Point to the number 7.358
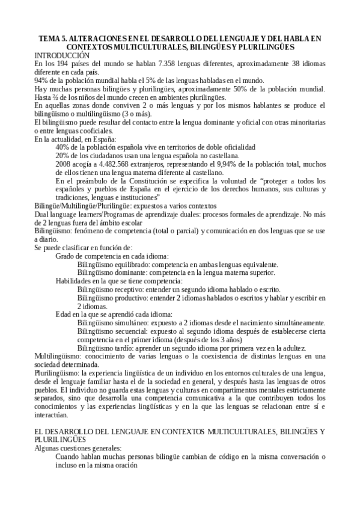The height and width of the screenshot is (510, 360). click(x=153, y=63)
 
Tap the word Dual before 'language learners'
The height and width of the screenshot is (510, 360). click(x=42, y=214)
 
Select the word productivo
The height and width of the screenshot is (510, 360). click(x=132, y=298)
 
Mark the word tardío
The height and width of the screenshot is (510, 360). click(x=124, y=348)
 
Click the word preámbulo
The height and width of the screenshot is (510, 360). click(x=89, y=180)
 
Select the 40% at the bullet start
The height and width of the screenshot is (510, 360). click(x=61, y=147)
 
